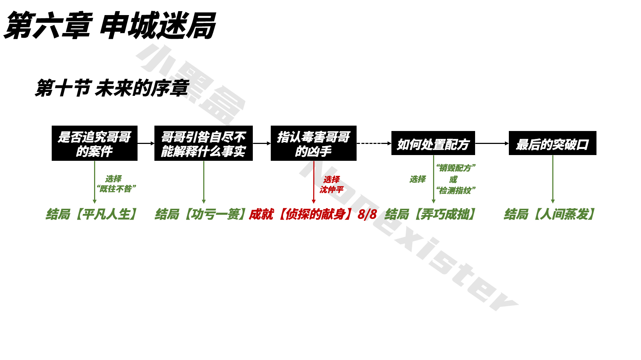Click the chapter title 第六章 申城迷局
(110, 25)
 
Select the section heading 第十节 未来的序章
(112, 88)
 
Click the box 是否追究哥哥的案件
(94, 143)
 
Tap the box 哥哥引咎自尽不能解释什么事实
(203, 143)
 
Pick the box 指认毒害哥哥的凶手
(313, 143)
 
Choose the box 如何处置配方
(433, 143)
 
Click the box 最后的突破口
(552, 143)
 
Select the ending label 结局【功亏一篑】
(201, 214)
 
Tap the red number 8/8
(367, 214)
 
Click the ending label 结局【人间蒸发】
(549, 214)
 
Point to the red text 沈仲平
(331, 190)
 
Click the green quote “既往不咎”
(116, 189)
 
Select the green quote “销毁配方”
(456, 168)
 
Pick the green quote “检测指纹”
(456, 190)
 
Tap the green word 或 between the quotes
(453, 179)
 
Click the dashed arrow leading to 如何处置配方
(373, 143)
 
